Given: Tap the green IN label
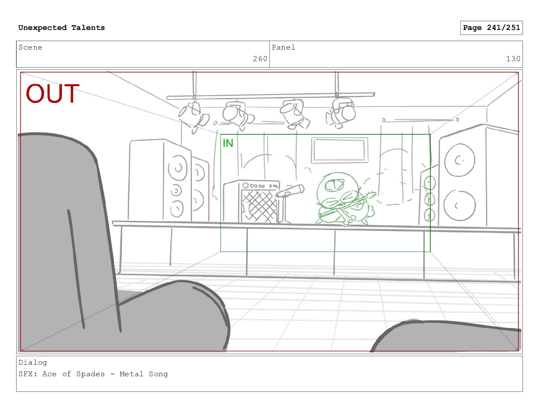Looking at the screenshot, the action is click(228, 143).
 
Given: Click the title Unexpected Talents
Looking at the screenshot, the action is click(62, 28).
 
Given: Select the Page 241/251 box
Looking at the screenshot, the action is click(491, 28).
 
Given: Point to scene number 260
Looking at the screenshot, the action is click(260, 59).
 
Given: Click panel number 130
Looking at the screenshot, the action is click(513, 59).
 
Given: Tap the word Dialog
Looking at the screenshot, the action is click(33, 363).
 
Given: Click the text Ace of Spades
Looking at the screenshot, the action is click(73, 374).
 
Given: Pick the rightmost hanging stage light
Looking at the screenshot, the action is click(341, 113).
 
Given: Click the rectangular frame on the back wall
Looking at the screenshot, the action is click(339, 150).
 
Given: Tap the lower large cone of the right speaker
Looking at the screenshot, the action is click(459, 205).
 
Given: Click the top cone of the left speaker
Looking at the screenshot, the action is click(178, 168).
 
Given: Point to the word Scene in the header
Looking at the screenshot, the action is click(30, 47).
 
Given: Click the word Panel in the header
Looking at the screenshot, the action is click(283, 47).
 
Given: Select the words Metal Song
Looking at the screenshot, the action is click(144, 374).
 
